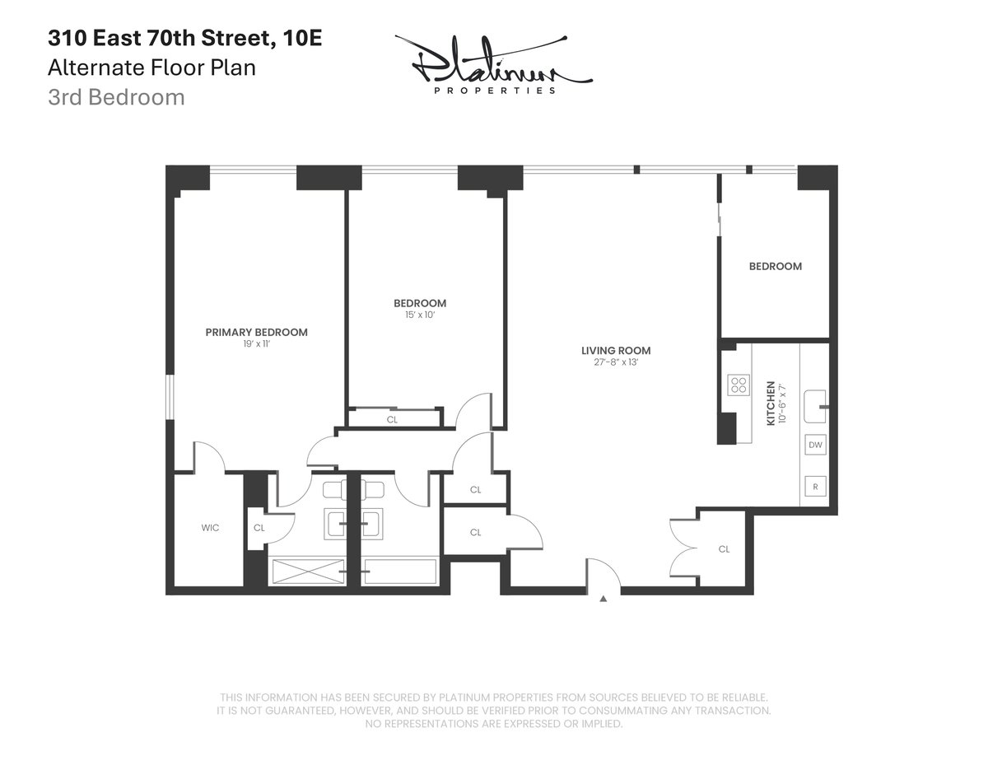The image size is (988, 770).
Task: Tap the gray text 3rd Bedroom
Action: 115,97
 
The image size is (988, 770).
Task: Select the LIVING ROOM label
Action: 610,350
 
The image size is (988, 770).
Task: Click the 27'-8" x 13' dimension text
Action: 610,362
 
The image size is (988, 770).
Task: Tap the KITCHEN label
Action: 771,403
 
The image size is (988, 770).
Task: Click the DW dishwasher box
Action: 815,446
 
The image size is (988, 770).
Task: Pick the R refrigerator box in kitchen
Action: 815,486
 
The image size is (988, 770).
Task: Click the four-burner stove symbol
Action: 739,385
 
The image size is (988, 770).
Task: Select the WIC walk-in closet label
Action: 210,528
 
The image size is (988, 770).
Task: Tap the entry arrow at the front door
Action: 604,600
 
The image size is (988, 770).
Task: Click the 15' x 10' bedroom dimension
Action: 420,315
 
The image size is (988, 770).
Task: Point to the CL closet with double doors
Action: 723,549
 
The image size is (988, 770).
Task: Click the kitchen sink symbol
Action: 815,406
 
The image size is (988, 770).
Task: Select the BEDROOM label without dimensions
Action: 775,266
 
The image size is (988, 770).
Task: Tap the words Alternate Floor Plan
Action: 151,68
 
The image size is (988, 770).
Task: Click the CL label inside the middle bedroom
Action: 392,419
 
